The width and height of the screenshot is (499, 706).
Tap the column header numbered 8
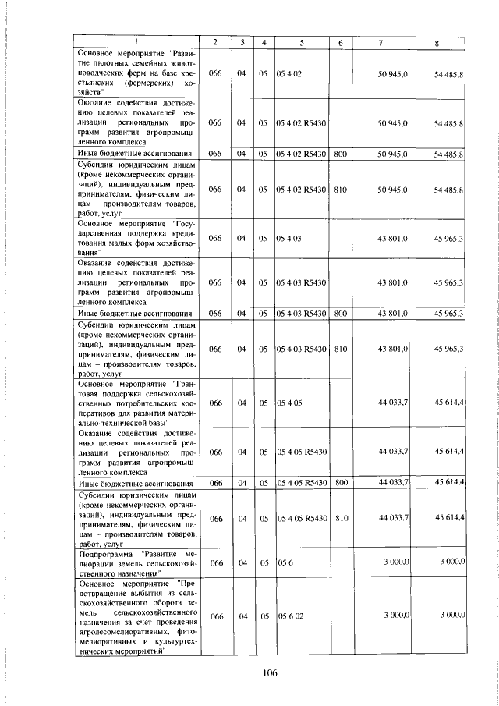[x=441, y=41]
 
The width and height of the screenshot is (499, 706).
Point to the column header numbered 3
[x=243, y=41]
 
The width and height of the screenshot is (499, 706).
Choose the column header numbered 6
[x=341, y=41]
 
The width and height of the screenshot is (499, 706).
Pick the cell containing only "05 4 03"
[x=290, y=237]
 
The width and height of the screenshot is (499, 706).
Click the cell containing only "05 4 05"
[x=290, y=403]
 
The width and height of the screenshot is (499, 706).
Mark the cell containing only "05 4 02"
[x=290, y=73]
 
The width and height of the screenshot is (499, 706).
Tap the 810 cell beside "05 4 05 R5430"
[x=340, y=518]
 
